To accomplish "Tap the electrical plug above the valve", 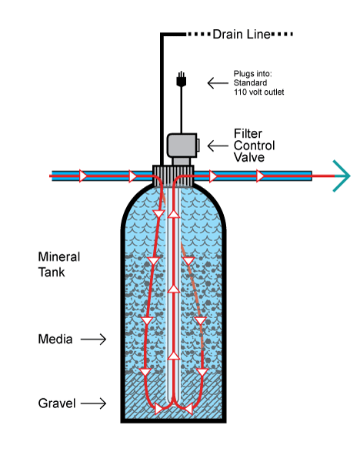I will [x=182, y=79].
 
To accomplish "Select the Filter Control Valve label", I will [x=254, y=146].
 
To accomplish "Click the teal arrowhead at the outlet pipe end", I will [x=341, y=176].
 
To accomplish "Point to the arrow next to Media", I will [x=93, y=338].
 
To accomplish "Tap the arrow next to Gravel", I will [x=93, y=403].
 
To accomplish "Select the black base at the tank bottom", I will [x=175, y=420].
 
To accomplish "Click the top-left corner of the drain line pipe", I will [x=162, y=35].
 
